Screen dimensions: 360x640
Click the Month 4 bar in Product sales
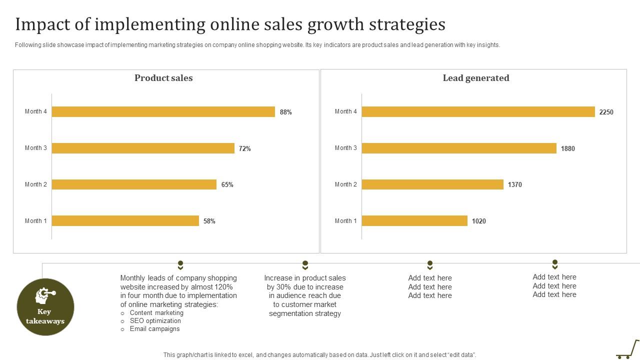click(x=163, y=111)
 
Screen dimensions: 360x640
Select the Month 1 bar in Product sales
click(x=125, y=220)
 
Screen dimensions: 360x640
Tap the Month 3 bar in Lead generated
click(x=458, y=148)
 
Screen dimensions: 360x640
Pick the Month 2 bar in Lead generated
click(x=432, y=184)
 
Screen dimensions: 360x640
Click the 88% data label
click(x=286, y=112)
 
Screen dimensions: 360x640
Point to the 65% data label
click(x=227, y=184)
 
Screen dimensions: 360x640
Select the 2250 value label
click(x=606, y=112)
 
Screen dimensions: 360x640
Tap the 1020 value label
click(x=478, y=221)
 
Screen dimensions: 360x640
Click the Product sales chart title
click(x=163, y=78)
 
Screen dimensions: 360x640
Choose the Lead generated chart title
click(x=476, y=78)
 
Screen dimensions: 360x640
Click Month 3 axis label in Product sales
click(x=36, y=148)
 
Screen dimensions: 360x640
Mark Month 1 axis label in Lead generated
click(x=346, y=221)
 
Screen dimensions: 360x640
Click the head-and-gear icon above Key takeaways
click(x=44, y=295)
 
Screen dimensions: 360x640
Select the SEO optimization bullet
click(x=155, y=321)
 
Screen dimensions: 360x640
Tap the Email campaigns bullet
click(x=154, y=329)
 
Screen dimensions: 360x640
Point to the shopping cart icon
click(x=628, y=349)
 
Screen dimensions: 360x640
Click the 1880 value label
click(x=567, y=148)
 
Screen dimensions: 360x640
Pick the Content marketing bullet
click(x=156, y=313)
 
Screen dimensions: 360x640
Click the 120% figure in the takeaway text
click(x=223, y=287)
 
